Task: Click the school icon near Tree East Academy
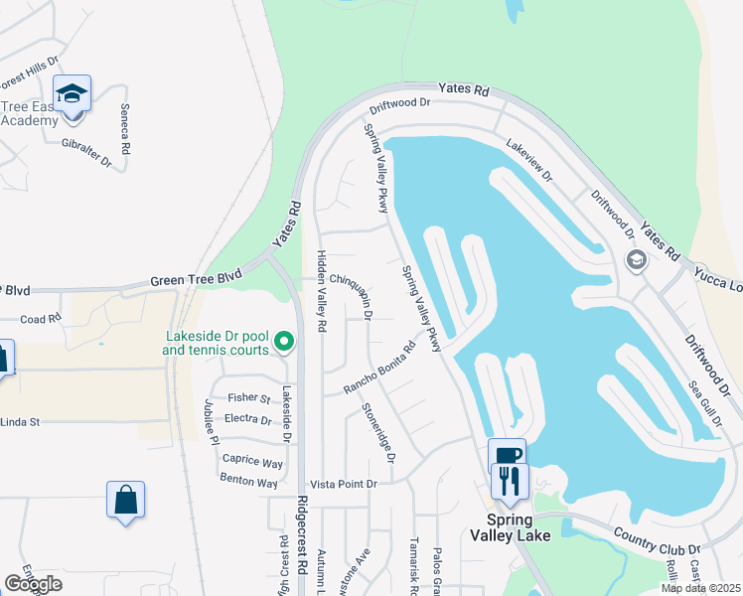pyautogui.click(x=73, y=94)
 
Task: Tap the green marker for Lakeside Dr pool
pyautogui.click(x=284, y=342)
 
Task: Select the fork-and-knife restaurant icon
pyautogui.click(x=510, y=482)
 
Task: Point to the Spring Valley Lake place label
pyautogui.click(x=510, y=528)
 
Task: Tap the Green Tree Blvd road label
pyautogui.click(x=197, y=281)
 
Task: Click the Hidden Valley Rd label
pyautogui.click(x=321, y=291)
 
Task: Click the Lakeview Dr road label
pyautogui.click(x=527, y=158)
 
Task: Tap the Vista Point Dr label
pyautogui.click(x=344, y=484)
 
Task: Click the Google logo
pyautogui.click(x=34, y=584)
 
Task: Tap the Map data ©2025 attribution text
pyautogui.click(x=699, y=588)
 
